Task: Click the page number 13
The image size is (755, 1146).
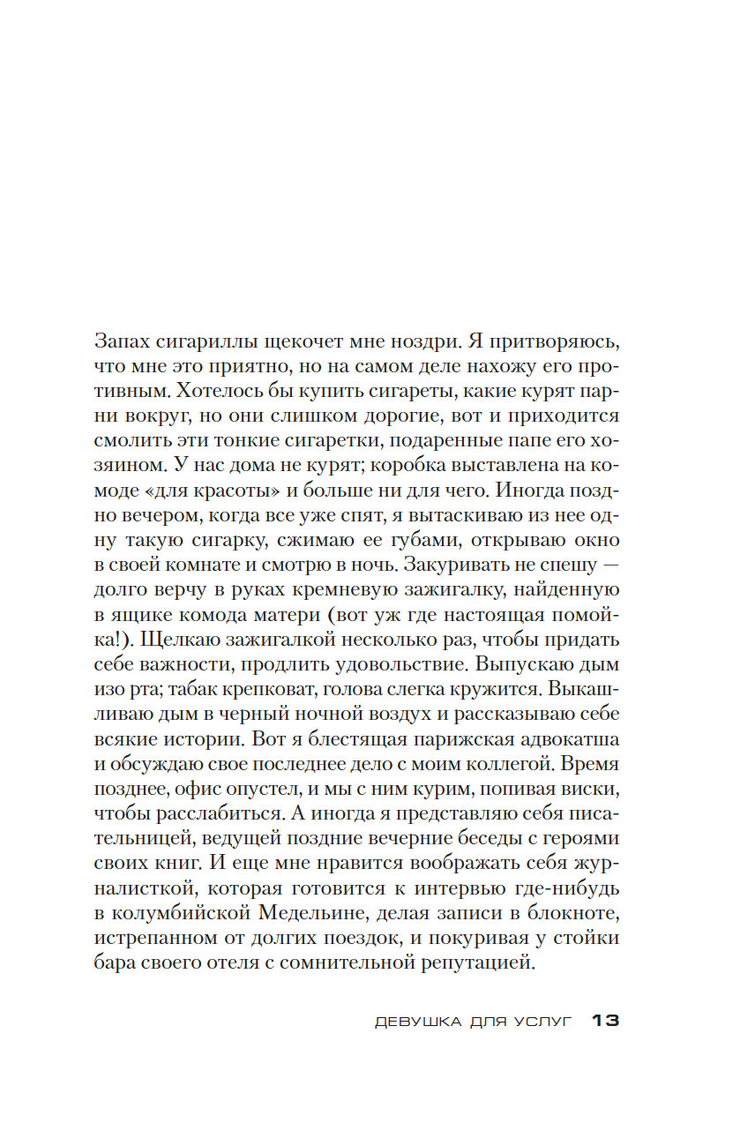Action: click(606, 1022)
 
